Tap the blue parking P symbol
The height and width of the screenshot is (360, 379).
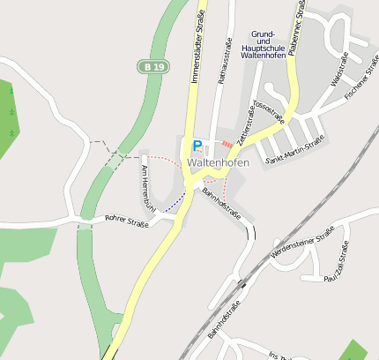(x=197, y=146)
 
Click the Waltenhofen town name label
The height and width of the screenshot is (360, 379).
(x=218, y=162)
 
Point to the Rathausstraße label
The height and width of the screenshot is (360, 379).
(x=227, y=62)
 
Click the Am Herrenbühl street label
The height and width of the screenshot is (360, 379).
(x=147, y=186)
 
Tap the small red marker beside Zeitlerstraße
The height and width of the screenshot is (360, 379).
(x=227, y=143)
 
